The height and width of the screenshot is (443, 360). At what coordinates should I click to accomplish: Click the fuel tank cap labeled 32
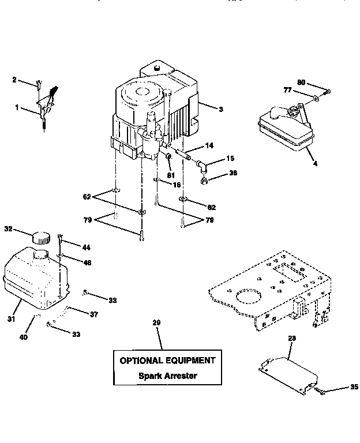coord(42,237)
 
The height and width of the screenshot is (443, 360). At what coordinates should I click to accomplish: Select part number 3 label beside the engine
coord(221,108)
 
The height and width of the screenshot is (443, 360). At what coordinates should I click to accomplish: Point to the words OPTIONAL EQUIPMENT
coord(167,361)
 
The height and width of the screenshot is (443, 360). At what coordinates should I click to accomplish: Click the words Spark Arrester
coord(167,376)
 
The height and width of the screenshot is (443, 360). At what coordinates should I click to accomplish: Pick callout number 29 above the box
coord(155,323)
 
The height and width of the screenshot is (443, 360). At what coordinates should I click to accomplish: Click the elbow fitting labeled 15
coord(201,167)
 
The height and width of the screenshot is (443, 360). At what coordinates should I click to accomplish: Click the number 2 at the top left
coord(14,80)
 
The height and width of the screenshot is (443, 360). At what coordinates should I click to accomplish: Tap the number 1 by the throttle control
coord(17,107)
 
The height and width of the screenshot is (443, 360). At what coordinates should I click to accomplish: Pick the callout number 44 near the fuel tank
coord(86,247)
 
